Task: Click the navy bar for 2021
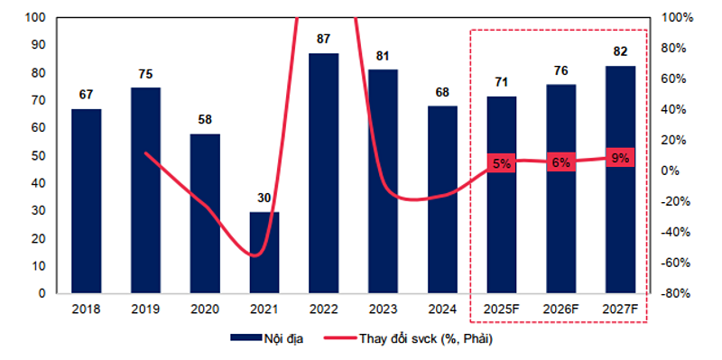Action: point(264,253)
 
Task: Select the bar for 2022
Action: point(324,173)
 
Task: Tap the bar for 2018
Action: point(87,200)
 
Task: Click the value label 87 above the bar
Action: point(324,40)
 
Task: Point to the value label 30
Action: point(264,198)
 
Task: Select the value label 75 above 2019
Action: point(145,75)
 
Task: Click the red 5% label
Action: point(502,163)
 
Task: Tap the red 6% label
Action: point(560,162)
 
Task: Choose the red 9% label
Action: point(620,157)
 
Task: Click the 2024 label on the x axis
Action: point(442,309)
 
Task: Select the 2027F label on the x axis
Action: point(620,309)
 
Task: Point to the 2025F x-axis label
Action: point(502,309)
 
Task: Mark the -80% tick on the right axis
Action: point(676,294)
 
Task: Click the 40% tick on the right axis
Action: point(676,110)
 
